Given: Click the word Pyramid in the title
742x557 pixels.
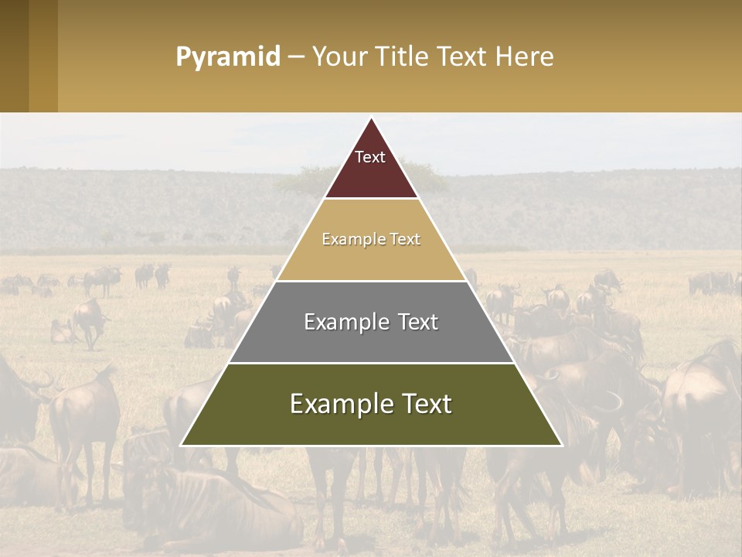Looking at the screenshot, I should click(228, 57).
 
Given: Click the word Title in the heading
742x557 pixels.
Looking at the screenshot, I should click(403, 56).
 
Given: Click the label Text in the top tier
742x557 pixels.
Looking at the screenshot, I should click(370, 157).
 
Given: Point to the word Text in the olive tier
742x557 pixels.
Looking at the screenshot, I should click(420, 404).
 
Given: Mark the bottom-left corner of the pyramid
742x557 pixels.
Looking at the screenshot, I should click(182, 445).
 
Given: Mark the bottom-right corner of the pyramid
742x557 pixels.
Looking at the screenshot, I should click(561, 445).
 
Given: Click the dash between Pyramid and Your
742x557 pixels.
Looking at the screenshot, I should click(296, 57).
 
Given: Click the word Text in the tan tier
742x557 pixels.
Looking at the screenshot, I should click(405, 240).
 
